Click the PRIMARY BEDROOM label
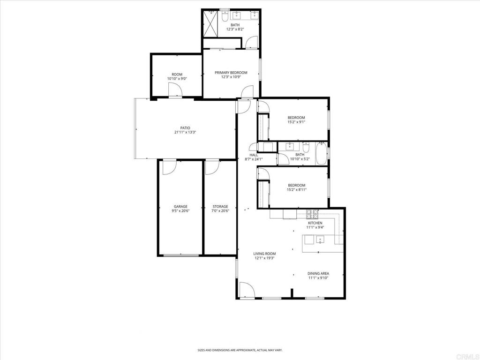click(x=231, y=73)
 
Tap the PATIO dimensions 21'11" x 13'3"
click(x=185, y=133)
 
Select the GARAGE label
click(x=180, y=207)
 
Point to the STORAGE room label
click(x=220, y=207)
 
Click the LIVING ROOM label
click(x=264, y=254)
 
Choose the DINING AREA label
click(x=318, y=273)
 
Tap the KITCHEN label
click(x=315, y=223)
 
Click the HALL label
click(x=254, y=155)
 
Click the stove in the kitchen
click(x=313, y=213)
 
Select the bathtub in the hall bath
click(x=322, y=153)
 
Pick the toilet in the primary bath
click(x=225, y=15)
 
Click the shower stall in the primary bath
click(x=210, y=24)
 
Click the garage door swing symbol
click(x=169, y=168)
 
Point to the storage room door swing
click(x=212, y=167)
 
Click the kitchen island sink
click(x=320, y=240)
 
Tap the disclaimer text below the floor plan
click(x=240, y=350)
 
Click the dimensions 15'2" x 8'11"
click(x=297, y=190)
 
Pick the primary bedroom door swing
click(x=247, y=92)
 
